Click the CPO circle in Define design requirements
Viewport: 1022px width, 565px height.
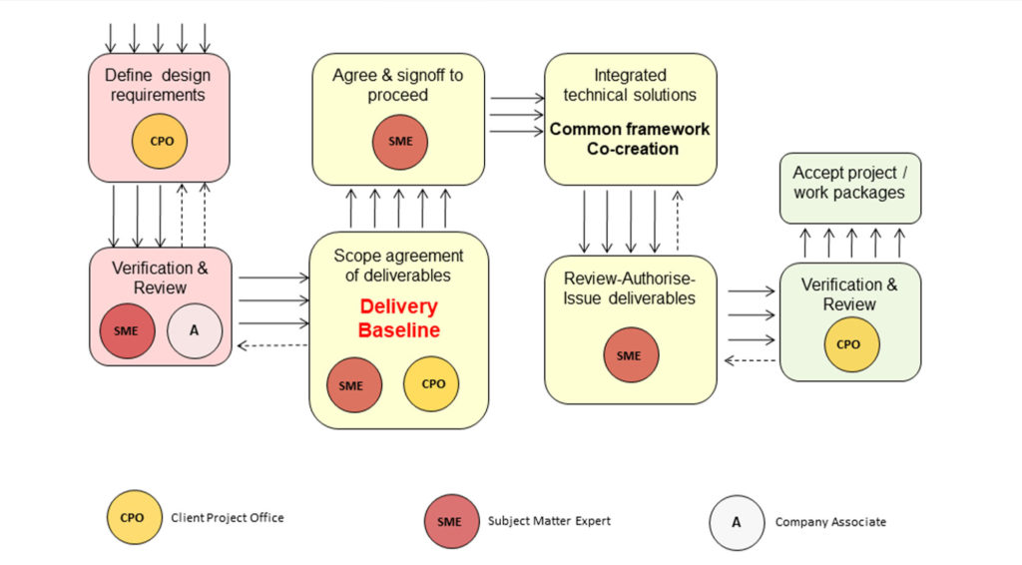(160, 141)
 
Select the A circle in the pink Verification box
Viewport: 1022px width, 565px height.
(194, 330)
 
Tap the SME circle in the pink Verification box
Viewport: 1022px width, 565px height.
(127, 330)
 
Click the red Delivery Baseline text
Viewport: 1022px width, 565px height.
(398, 318)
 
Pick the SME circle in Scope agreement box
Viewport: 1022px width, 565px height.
(354, 383)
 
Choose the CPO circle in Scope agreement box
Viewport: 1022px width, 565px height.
(431, 383)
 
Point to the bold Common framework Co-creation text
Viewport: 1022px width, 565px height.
(630, 139)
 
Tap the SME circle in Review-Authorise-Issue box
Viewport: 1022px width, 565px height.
(630, 355)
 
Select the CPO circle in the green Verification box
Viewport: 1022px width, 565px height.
(850, 344)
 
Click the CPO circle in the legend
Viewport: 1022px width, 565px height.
(134, 517)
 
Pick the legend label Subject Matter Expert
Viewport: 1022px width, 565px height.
(549, 520)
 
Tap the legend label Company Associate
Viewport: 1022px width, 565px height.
(829, 521)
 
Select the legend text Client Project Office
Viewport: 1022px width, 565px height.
(228, 517)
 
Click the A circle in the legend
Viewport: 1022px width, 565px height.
(737, 522)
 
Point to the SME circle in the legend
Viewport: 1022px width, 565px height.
(451, 521)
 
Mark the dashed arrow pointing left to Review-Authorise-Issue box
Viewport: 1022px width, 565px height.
(750, 361)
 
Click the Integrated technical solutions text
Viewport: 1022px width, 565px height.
(630, 85)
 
